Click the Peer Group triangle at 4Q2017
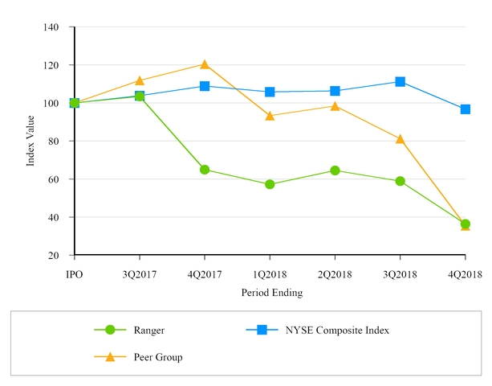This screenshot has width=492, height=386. (205, 64)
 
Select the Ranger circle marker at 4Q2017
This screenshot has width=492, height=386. (205, 170)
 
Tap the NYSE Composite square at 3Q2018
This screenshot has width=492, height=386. (400, 82)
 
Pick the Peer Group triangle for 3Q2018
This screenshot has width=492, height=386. (400, 139)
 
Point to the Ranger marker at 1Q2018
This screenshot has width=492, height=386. (270, 184)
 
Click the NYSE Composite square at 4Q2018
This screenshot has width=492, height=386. (465, 109)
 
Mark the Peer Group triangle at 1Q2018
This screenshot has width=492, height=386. (270, 115)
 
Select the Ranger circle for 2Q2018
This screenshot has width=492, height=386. (335, 170)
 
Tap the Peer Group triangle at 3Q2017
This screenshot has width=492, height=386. (140, 80)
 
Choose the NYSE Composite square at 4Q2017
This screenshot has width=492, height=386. (205, 86)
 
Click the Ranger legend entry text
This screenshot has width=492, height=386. (150, 330)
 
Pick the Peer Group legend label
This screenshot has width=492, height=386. (159, 357)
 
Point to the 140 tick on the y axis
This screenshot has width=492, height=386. (52, 27)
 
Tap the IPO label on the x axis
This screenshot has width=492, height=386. (75, 274)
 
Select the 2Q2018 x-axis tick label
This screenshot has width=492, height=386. (335, 274)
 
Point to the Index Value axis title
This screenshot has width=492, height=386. (30, 142)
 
